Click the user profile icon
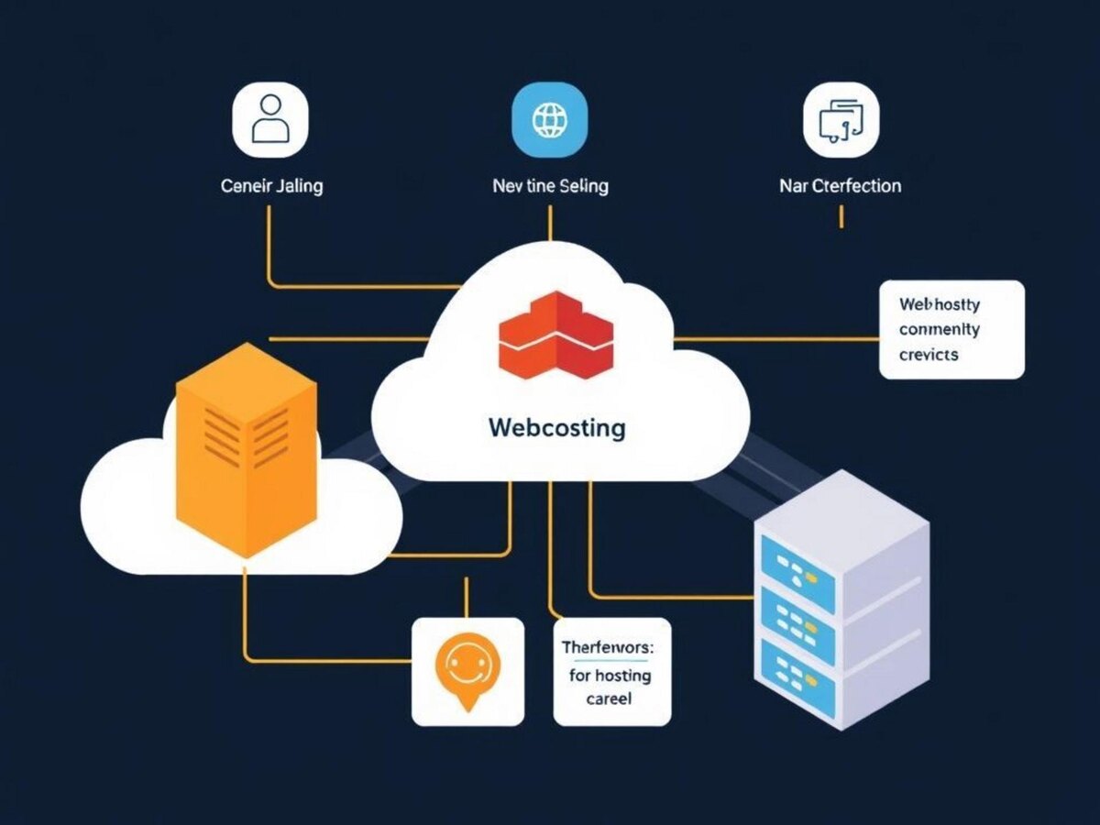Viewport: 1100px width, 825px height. click(x=270, y=120)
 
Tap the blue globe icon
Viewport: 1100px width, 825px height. click(x=549, y=120)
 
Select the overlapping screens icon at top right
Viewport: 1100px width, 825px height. click(x=841, y=120)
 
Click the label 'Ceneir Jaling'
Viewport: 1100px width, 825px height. click(x=272, y=186)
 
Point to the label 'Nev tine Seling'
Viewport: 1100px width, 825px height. click(x=550, y=186)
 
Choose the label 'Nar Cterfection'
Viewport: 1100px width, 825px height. click(x=840, y=186)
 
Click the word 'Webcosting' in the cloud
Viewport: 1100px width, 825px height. click(x=557, y=427)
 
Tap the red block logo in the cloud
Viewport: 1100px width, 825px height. click(x=555, y=335)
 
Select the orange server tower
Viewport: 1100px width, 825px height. click(x=246, y=449)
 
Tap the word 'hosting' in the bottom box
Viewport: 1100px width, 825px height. click(x=622, y=676)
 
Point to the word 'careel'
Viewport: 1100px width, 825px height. click(x=609, y=699)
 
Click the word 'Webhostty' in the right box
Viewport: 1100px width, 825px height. click(x=939, y=303)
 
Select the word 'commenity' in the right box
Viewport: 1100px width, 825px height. click(x=939, y=329)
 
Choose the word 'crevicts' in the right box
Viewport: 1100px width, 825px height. click(x=929, y=354)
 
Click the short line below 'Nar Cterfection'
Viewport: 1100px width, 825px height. click(x=841, y=216)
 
